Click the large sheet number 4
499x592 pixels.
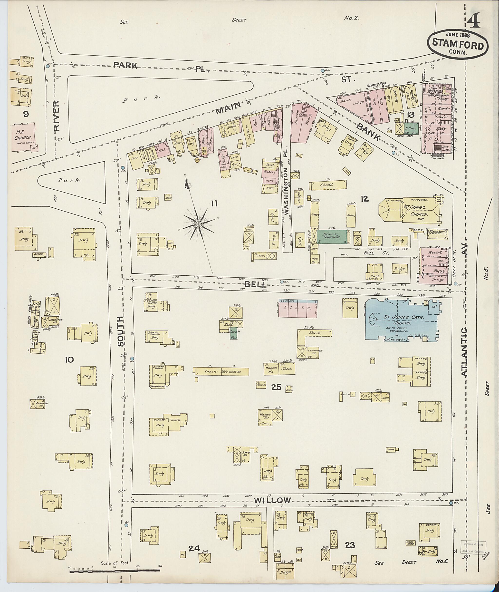coord(473,21)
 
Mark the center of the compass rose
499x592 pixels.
coord(199,224)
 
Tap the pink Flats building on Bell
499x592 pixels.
coord(297,309)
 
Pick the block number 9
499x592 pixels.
coord(26,114)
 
